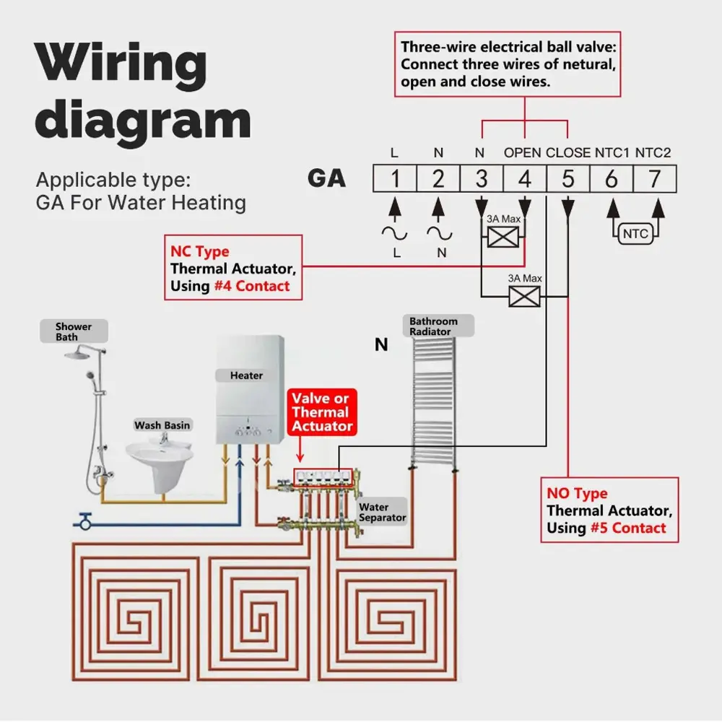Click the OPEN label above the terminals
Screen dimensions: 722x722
(x=522, y=153)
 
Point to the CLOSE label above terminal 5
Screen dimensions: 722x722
(x=568, y=153)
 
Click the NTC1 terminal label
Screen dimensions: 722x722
(x=612, y=153)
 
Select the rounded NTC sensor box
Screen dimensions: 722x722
(x=635, y=234)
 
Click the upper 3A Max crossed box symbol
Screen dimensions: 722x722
(x=503, y=237)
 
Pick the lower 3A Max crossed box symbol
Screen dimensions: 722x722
(x=525, y=296)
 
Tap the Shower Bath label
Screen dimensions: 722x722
(x=74, y=332)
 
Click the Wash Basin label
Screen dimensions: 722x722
(x=162, y=425)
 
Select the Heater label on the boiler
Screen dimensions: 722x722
(x=246, y=375)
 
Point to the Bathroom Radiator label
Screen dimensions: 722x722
(x=433, y=326)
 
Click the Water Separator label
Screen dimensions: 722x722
(x=382, y=513)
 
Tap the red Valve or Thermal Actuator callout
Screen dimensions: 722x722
(x=322, y=412)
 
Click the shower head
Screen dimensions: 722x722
(x=79, y=354)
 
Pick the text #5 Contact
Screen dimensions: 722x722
(x=627, y=528)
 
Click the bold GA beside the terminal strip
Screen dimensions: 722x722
(x=326, y=178)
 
